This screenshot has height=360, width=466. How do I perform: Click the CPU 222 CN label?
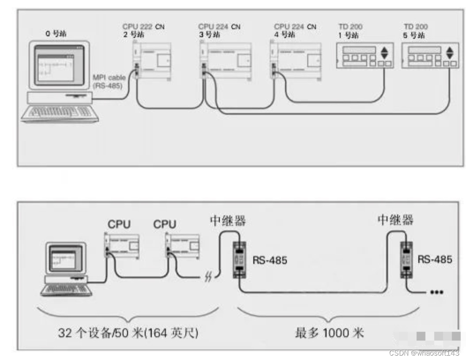(143, 27)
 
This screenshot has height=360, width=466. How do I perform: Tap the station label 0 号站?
(56, 34)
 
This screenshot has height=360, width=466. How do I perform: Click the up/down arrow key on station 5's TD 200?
(450, 53)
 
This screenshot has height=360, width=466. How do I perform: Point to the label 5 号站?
(415, 34)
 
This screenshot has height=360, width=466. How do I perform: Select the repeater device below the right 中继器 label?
(407, 260)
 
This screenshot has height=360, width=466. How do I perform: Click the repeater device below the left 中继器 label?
(239, 260)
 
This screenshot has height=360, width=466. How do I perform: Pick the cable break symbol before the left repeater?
(208, 277)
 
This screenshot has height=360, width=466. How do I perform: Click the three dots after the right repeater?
(436, 292)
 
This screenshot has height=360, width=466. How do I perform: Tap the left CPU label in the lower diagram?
(119, 224)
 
